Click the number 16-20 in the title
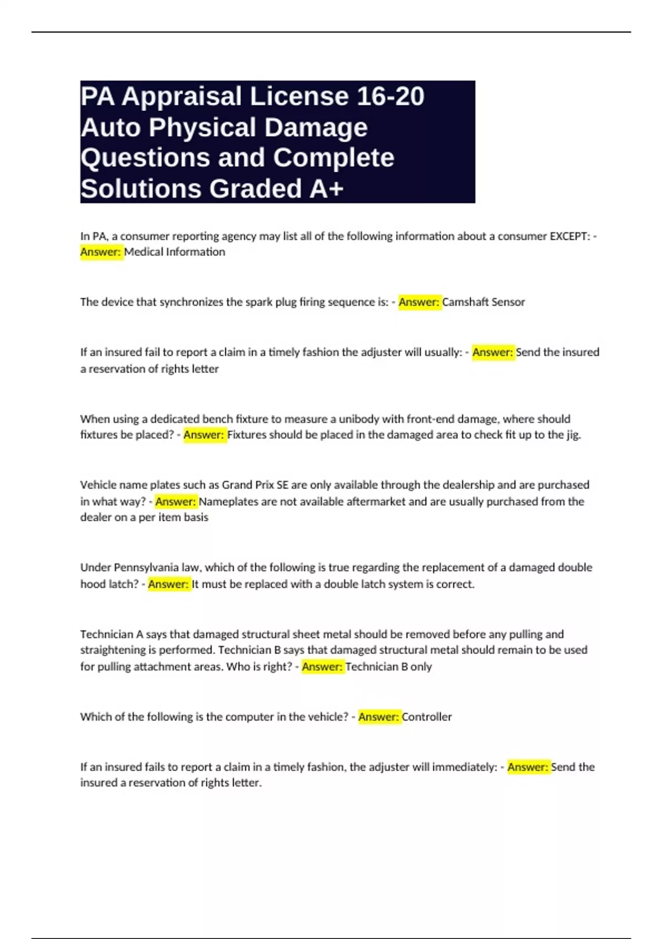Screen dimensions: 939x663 (x=390, y=96)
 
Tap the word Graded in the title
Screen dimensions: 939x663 (x=255, y=188)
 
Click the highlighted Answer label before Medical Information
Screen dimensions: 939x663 (x=101, y=252)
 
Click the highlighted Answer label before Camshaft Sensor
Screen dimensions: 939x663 (x=419, y=302)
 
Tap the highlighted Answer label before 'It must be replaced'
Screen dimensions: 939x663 (x=169, y=584)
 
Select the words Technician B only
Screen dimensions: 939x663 (x=388, y=667)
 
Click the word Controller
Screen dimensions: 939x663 (x=427, y=717)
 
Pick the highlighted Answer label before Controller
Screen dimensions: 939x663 (x=378, y=717)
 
